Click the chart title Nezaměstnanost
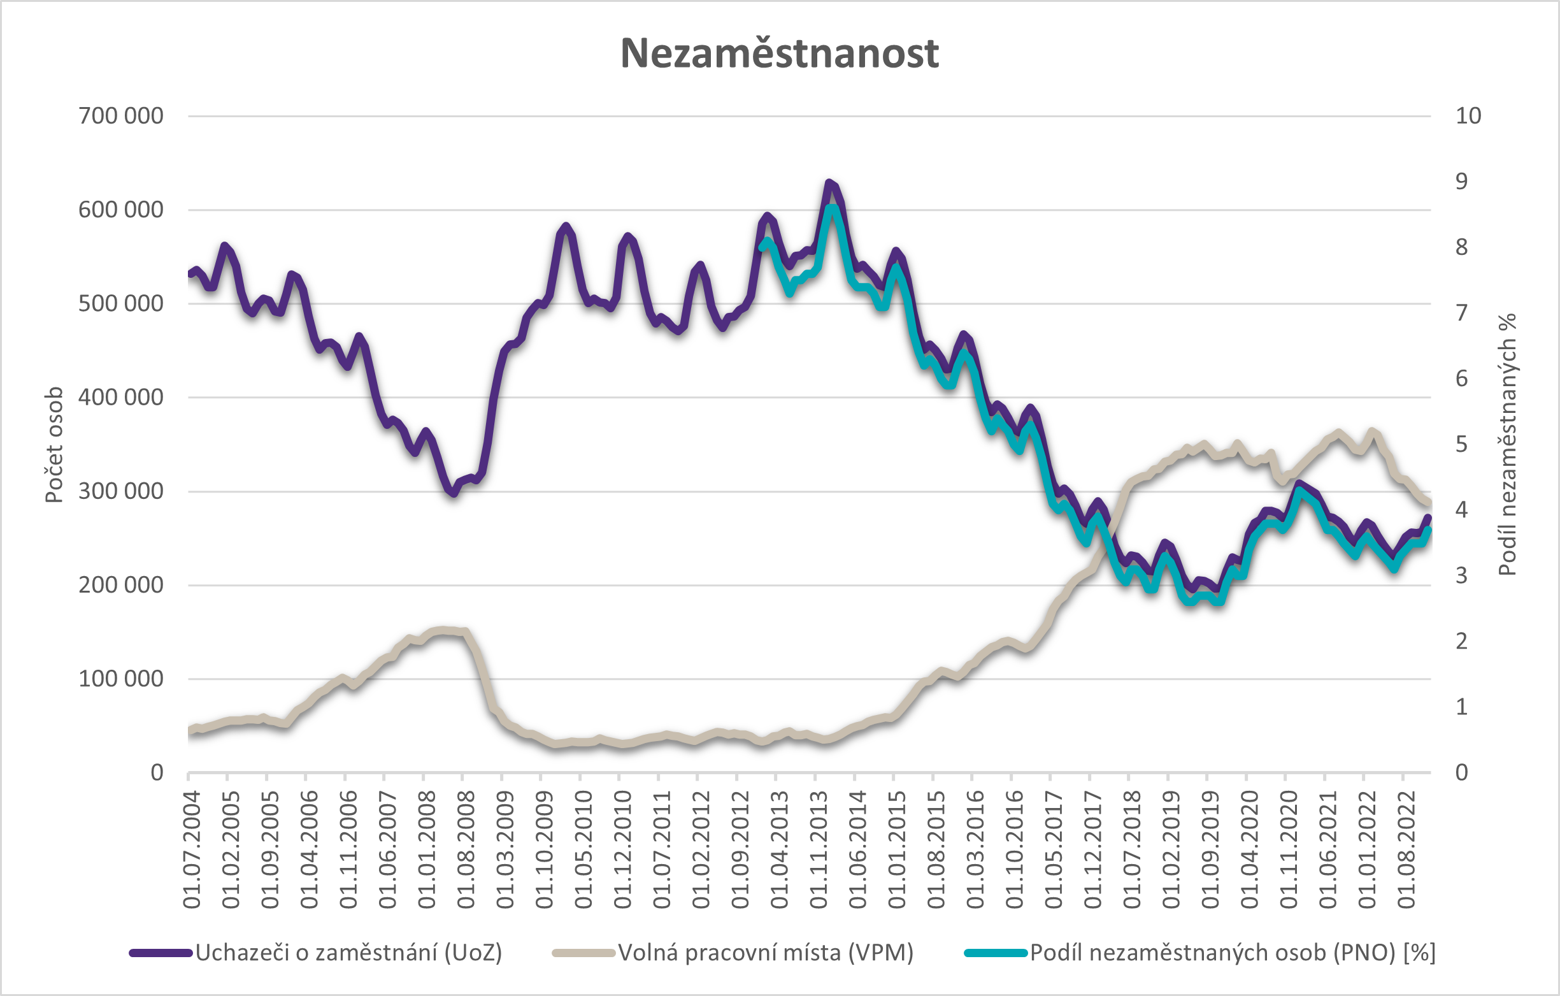[x=779, y=52]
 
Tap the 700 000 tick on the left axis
[x=121, y=116]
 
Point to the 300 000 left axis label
[x=121, y=491]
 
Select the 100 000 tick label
[x=121, y=679]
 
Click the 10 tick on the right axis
[x=1468, y=116]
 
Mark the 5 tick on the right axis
[x=1461, y=445]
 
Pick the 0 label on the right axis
[x=1461, y=772]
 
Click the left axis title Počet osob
[x=54, y=445]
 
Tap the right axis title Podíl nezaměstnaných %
[x=1508, y=445]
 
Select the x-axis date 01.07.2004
[x=192, y=849]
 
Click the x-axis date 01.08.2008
[x=466, y=849]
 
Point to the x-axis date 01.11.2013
[x=819, y=849]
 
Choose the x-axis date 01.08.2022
[x=1406, y=849]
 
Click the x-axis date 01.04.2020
[x=1249, y=849]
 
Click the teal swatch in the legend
[x=996, y=953]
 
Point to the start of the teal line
[x=761, y=247]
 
